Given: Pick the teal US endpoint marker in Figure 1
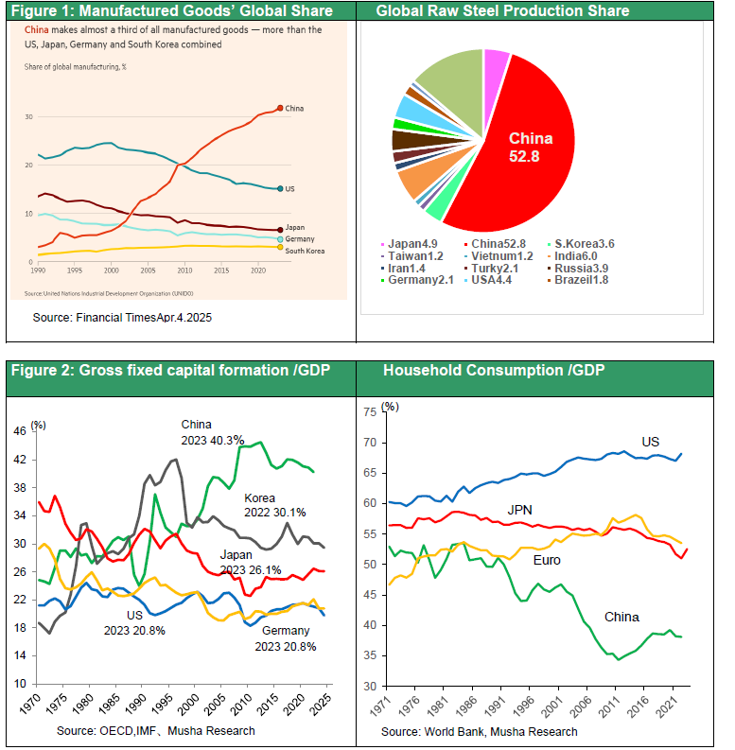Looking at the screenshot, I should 280,188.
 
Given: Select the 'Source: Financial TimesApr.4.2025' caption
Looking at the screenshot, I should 122,318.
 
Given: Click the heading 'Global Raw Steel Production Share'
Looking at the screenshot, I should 502,11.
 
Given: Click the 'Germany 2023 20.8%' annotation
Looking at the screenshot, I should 285,639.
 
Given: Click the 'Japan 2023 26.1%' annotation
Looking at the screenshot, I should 251,562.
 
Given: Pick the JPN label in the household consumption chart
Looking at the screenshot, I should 519,510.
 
